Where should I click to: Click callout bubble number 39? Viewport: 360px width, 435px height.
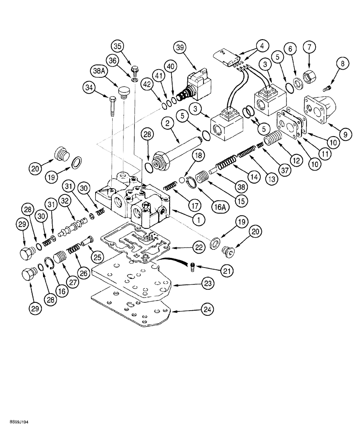pos(180,47)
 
